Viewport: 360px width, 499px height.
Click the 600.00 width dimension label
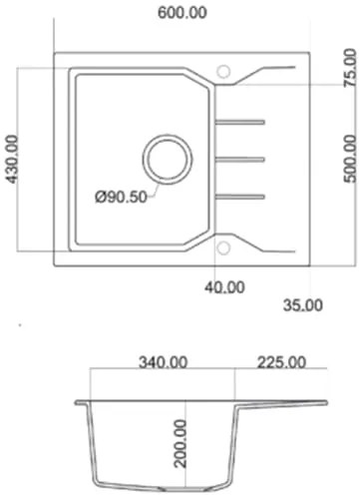click(182, 12)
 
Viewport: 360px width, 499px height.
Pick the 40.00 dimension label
click(224, 287)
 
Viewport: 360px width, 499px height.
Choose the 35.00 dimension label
click(302, 303)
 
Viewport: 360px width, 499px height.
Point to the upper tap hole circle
click(223, 72)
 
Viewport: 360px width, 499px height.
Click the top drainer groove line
click(239, 123)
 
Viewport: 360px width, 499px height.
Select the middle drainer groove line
click(239, 159)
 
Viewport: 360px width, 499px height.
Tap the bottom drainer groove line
click(239, 195)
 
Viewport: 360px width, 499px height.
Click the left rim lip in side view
click(80, 403)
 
